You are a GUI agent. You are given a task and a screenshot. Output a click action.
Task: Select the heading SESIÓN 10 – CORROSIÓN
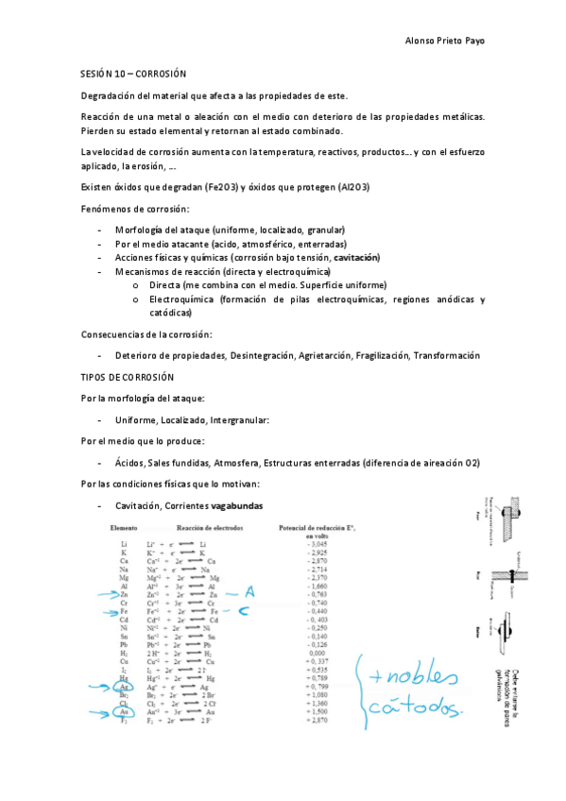131,73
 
